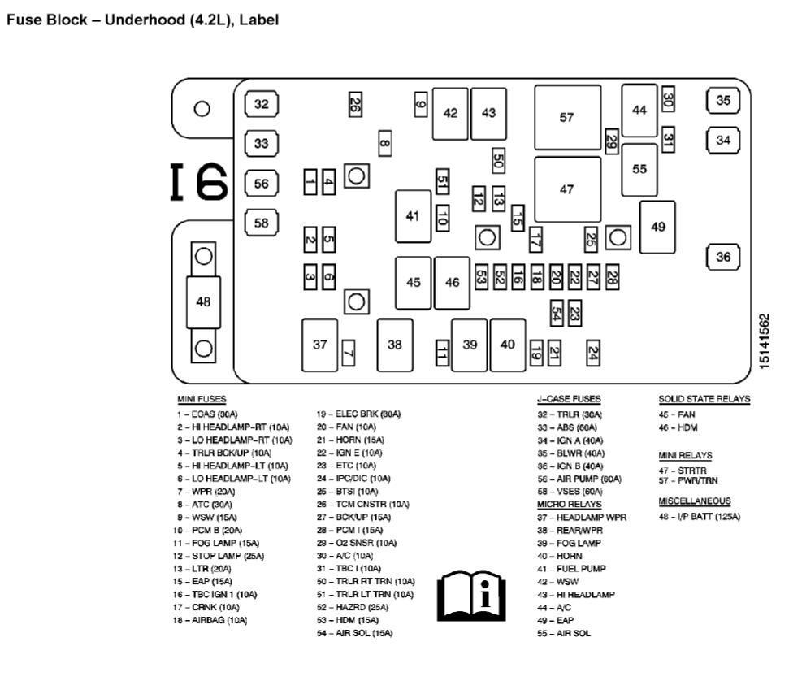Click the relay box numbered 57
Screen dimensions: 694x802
point(566,117)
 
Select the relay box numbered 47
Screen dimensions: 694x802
point(566,189)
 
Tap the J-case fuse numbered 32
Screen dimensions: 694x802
point(261,104)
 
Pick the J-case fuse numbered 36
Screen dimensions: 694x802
point(723,257)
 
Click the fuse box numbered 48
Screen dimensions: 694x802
point(203,301)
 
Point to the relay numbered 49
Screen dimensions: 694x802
point(657,227)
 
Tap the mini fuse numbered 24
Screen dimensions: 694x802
point(593,352)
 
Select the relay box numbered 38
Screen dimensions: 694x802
point(394,345)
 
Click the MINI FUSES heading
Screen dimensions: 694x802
point(202,399)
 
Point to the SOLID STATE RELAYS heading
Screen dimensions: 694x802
point(704,399)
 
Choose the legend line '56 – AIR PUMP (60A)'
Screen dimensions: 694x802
point(579,479)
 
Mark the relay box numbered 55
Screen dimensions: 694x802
point(639,169)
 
